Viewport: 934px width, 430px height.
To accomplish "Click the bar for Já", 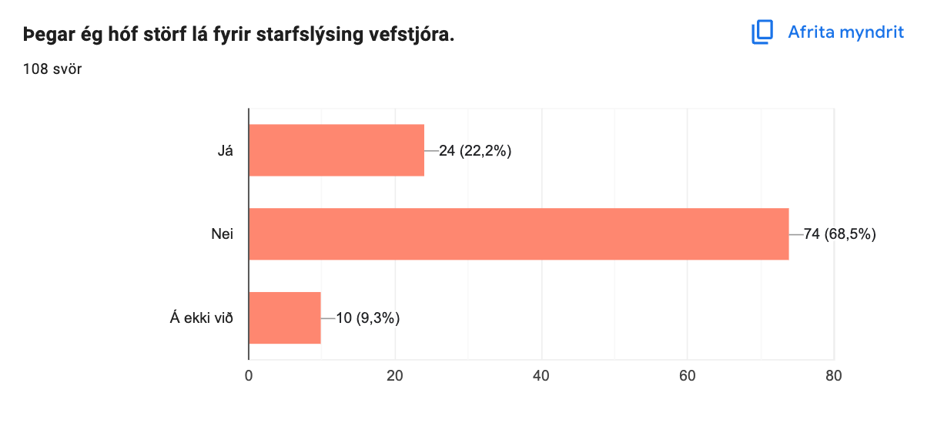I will coord(336,150).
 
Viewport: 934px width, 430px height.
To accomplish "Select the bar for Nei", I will coord(518,233).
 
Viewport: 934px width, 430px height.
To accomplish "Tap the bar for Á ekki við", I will coord(284,317).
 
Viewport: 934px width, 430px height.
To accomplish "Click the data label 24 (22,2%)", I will coord(475,150).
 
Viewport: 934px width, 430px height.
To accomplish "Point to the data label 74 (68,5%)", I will coord(840,233).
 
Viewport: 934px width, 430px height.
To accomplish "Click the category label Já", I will coord(225,150).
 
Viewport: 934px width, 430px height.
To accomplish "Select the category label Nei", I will coord(223,233).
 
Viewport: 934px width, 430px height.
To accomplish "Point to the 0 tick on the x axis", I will coord(249,376).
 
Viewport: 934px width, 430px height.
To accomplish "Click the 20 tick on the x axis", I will coord(395,376).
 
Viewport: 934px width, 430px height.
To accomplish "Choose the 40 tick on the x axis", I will coord(541,376).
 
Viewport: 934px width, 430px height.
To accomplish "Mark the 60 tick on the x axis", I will coord(688,376).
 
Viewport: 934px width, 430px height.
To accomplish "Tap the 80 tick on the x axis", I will coord(834,376).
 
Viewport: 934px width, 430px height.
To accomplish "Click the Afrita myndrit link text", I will coord(845,32).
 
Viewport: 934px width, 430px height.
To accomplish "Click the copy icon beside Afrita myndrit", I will coord(762,32).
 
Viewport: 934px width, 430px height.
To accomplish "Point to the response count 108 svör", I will coord(52,69).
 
